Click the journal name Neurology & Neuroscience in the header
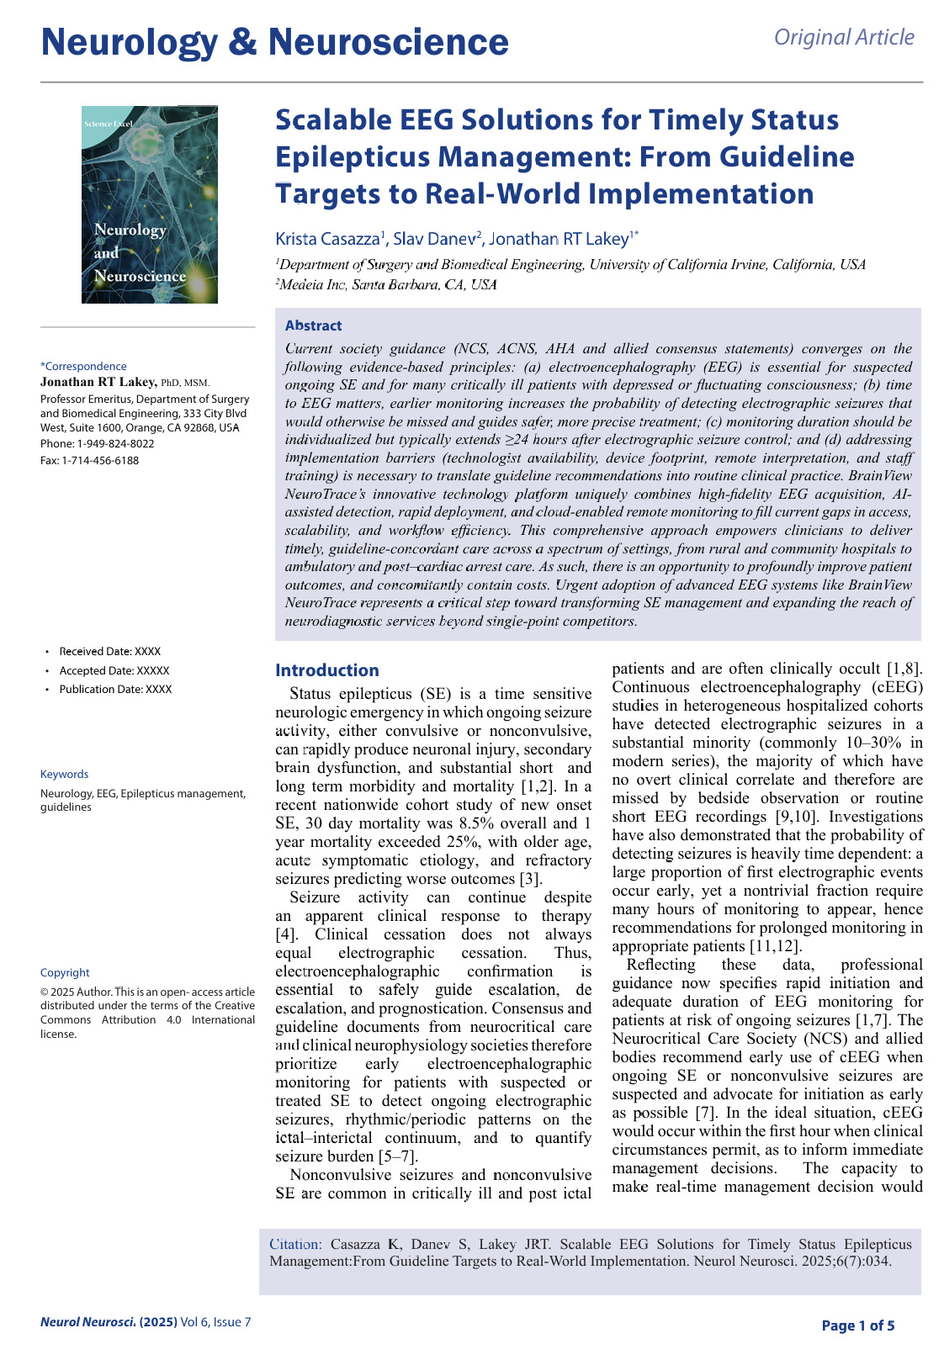[274, 42]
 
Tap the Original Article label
[844, 37]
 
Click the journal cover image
[150, 204]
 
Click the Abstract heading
[313, 325]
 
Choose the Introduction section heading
[327, 670]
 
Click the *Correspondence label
[83, 366]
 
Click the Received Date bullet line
[109, 651]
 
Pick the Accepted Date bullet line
[114, 670]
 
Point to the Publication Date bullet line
[115, 689]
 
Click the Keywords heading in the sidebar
[64, 774]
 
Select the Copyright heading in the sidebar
[65, 972]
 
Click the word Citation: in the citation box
[295, 1244]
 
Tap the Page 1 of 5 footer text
[857, 1325]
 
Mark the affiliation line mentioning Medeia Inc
[386, 284]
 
